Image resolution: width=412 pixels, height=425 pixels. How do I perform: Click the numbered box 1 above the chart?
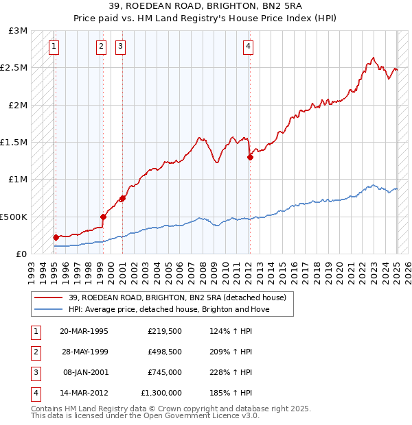coord(54,47)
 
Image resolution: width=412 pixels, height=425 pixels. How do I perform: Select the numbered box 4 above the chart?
coord(248,47)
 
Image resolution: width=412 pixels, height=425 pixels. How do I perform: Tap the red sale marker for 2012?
coord(250,157)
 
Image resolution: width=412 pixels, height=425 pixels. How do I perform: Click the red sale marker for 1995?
coord(56,237)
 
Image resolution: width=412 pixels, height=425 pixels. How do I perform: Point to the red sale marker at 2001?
coord(122,198)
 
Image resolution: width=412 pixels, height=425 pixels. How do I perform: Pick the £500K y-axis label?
coord(14,217)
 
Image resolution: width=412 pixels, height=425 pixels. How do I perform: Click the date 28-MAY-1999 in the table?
coord(84,352)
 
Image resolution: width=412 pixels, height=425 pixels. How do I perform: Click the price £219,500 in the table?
coord(165,331)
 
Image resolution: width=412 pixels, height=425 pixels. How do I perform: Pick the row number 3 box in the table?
coord(35,372)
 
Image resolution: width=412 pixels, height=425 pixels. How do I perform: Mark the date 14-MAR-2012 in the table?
coord(84,393)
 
